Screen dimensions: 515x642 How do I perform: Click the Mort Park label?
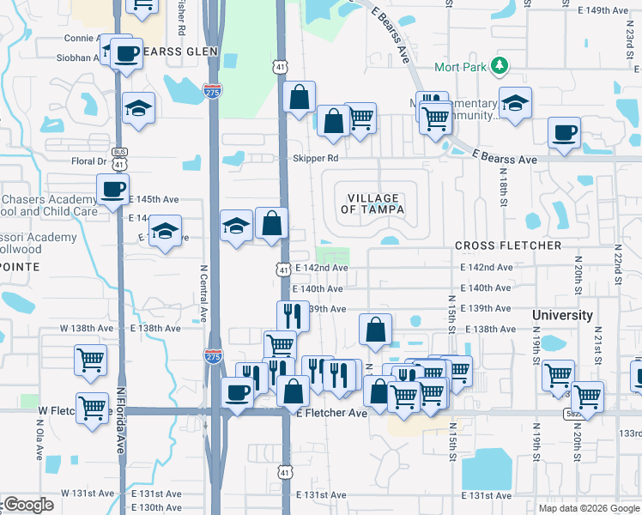coord(463,66)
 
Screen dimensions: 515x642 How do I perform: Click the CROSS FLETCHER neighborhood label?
coord(508,245)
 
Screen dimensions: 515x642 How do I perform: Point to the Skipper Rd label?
coord(315,159)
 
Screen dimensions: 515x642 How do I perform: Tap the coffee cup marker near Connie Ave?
coord(126,52)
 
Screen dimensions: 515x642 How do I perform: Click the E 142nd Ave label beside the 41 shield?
coord(321,268)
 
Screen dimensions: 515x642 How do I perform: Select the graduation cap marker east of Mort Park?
coord(514,105)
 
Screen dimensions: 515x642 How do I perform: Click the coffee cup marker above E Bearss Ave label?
coord(565,133)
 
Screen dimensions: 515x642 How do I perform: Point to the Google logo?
coord(27,506)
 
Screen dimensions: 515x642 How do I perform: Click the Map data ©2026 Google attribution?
coord(588,507)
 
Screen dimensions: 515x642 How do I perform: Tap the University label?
coord(562,315)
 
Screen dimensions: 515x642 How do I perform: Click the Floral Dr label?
coord(89,161)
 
